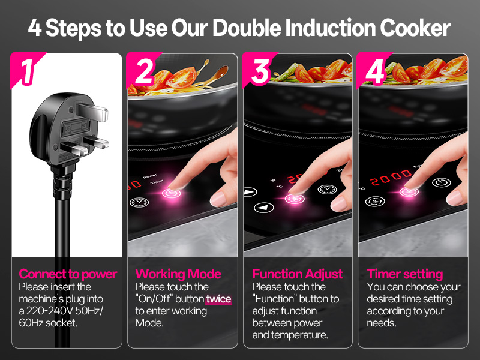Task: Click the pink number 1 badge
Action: (27, 71)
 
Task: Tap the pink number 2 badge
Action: (143, 71)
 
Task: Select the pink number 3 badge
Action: (259, 71)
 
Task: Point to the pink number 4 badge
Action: (374, 71)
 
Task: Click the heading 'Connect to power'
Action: (68, 274)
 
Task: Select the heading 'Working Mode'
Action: (178, 274)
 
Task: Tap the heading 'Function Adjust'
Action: (297, 274)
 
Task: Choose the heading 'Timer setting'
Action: (404, 274)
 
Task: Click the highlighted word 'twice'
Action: (218, 299)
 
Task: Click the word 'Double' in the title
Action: (247, 28)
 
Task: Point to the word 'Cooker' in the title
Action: (415, 28)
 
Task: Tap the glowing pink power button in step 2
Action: (171, 193)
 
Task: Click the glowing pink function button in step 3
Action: (295, 199)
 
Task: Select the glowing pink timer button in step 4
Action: (409, 192)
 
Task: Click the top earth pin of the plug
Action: (92, 112)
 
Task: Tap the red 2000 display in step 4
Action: (391, 177)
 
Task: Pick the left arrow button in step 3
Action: (263, 208)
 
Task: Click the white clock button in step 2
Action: (139, 202)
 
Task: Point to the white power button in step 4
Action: (442, 183)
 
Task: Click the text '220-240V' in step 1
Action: (50, 311)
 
